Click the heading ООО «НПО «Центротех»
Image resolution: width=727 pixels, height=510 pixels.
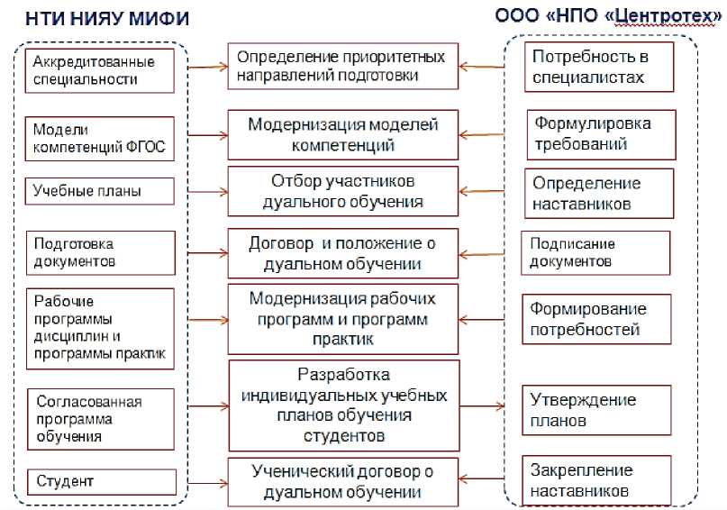[x=609, y=16]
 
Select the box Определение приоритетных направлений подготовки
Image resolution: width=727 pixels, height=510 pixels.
[x=341, y=67]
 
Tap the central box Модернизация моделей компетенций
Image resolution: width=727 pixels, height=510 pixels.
[x=343, y=133]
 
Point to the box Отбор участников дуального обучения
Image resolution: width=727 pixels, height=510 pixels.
[x=343, y=191]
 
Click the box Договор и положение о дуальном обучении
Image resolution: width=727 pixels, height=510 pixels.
[x=343, y=253]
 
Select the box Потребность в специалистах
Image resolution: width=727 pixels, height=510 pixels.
[x=598, y=68]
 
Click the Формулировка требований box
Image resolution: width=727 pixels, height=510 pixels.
[x=598, y=133]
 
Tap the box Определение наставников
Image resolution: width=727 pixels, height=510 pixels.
[x=598, y=193]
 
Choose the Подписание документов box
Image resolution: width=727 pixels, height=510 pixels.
[x=595, y=253]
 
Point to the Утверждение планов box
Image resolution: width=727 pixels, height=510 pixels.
[x=596, y=410]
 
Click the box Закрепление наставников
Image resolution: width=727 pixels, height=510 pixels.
[x=596, y=480]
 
